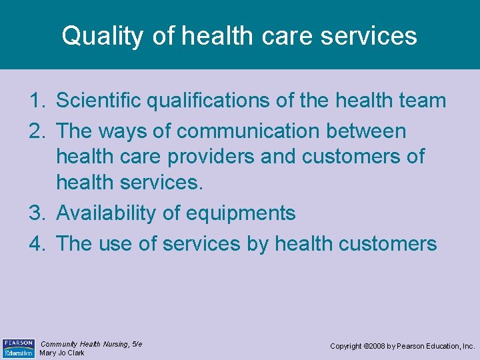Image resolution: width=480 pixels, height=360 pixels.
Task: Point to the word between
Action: [x=366, y=131]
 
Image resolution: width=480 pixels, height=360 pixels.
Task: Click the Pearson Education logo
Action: [x=18, y=348]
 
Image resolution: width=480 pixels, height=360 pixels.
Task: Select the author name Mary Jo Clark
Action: [x=62, y=353]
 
